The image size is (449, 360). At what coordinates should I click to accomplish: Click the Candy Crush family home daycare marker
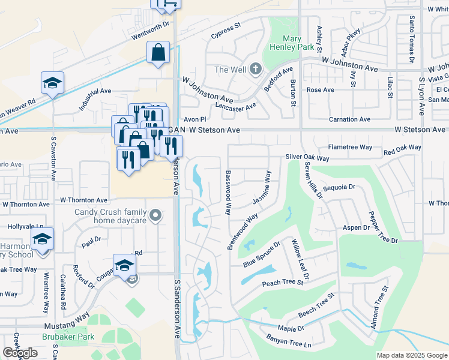click(x=155, y=215)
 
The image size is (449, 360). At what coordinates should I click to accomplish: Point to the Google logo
click(x=20, y=353)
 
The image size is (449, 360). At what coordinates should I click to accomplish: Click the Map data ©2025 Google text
click(x=412, y=355)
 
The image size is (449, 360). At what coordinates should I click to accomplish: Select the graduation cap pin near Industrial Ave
click(x=53, y=83)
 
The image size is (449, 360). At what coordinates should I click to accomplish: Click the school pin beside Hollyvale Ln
click(x=42, y=239)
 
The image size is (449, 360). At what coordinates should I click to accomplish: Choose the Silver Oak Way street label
click(x=307, y=158)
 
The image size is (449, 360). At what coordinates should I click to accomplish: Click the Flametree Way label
click(x=351, y=147)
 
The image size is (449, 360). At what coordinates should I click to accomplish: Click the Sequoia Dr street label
click(x=339, y=187)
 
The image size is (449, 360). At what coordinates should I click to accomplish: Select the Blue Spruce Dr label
click(x=262, y=255)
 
